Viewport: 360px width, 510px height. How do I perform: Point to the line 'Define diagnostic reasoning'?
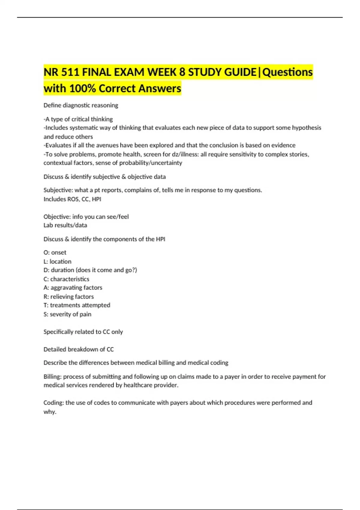coord(81,105)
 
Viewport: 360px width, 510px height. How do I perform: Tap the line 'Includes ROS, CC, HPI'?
coord(72,199)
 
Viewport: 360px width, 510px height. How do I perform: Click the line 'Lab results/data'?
coord(65,225)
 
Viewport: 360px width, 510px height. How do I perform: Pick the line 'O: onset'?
coord(55,253)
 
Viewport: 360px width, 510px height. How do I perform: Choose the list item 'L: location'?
coord(57,262)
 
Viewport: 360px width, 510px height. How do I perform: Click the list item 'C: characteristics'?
coord(66,279)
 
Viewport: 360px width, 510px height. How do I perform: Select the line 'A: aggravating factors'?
coord(73,288)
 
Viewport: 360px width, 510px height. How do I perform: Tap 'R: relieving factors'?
coord(69,297)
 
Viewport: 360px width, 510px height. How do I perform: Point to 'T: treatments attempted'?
coord(77,305)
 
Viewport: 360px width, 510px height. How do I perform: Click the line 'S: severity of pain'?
coord(67,314)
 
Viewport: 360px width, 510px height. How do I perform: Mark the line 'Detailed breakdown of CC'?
coord(79,349)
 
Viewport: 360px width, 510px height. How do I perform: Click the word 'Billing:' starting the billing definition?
coord(52,377)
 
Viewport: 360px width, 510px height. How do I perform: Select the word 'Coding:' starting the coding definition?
coord(54,403)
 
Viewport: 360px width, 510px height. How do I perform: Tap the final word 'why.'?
coord(50,412)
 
